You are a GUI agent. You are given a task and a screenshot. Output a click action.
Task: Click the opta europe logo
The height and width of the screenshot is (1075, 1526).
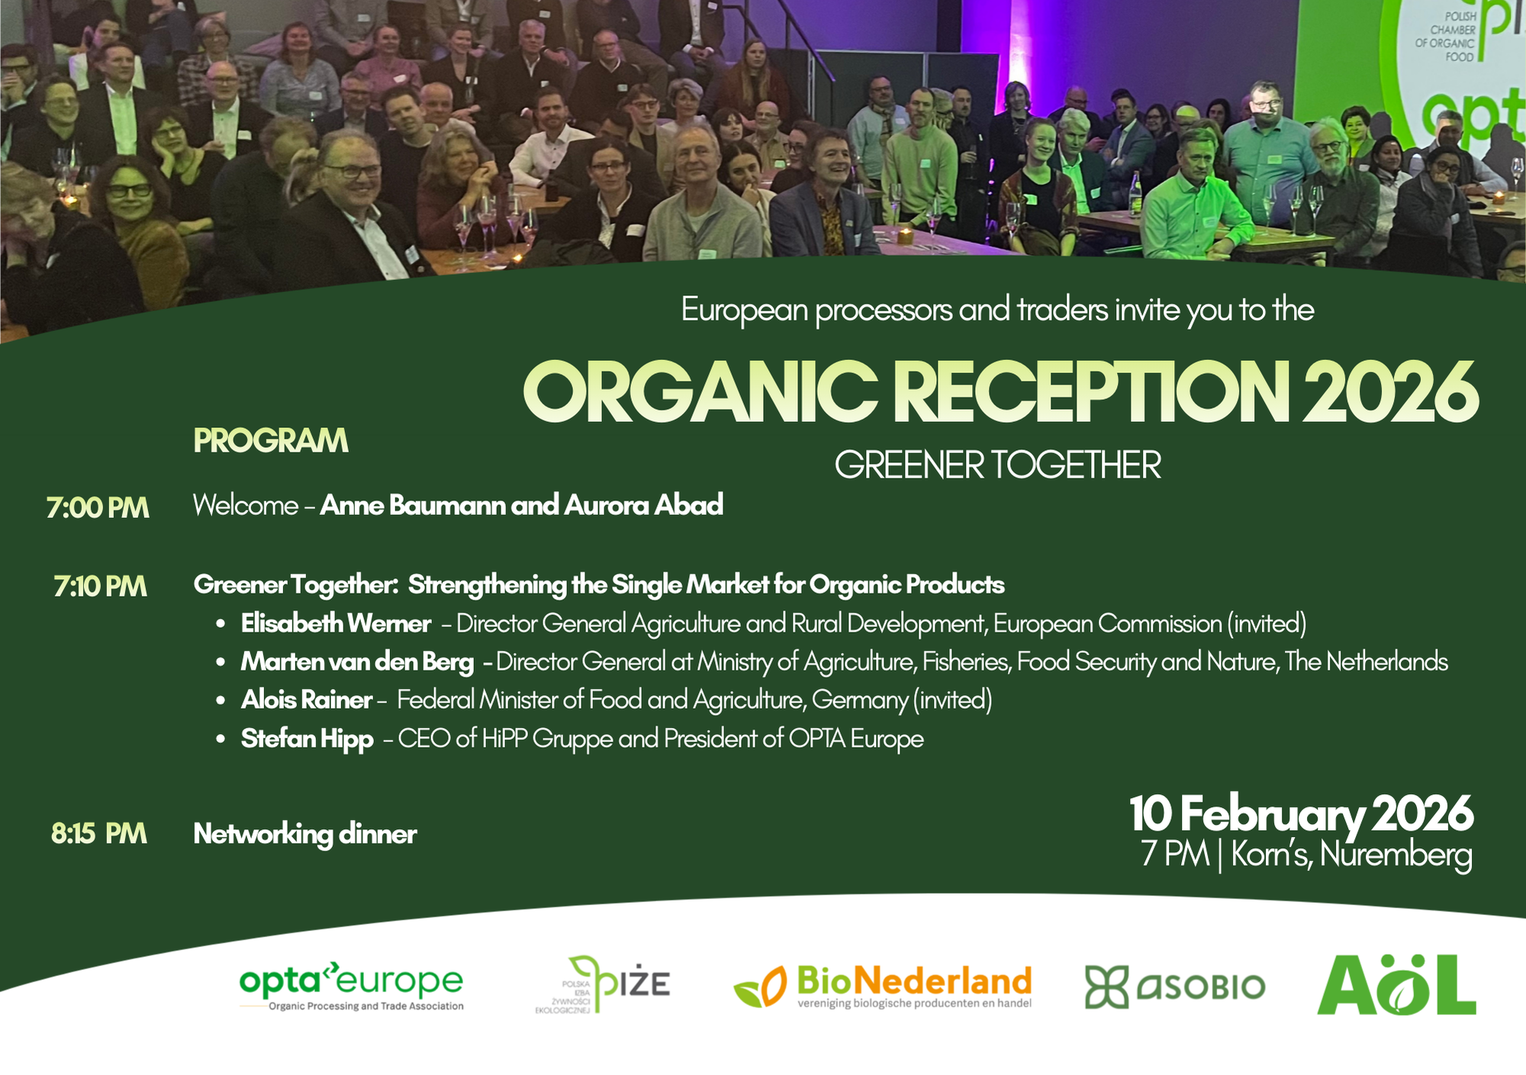(x=351, y=986)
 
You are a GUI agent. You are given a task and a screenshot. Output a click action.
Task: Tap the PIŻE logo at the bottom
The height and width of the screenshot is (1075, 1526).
(x=603, y=984)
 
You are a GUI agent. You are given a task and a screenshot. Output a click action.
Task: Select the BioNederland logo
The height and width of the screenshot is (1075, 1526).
(x=883, y=986)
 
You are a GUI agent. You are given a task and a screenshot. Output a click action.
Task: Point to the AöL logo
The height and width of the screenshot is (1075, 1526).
(x=1397, y=984)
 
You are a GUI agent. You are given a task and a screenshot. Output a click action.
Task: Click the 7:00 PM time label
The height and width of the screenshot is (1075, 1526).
(x=98, y=508)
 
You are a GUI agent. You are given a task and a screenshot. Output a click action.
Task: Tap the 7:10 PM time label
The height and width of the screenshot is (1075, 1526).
(x=100, y=587)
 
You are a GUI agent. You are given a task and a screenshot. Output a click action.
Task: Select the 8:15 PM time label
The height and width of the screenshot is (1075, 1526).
(x=99, y=834)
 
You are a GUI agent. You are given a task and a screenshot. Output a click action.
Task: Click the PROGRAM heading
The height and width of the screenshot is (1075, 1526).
(x=271, y=441)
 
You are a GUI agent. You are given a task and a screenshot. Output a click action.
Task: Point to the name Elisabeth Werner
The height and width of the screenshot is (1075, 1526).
(x=336, y=623)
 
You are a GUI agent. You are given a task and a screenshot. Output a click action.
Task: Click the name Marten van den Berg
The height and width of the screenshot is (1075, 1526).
(x=357, y=661)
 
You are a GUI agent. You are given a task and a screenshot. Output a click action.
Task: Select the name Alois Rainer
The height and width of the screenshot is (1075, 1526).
(x=307, y=700)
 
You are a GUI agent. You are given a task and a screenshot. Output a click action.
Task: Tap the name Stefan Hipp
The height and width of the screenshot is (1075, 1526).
(x=307, y=739)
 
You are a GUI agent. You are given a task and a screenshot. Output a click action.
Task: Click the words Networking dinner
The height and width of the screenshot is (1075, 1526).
(x=305, y=834)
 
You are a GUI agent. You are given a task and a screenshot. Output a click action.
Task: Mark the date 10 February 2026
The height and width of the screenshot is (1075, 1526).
(x=1301, y=814)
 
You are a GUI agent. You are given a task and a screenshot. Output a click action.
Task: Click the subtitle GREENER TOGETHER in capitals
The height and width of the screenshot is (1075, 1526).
(x=998, y=465)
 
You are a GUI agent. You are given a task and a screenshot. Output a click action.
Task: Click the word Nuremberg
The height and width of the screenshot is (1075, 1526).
(x=1396, y=855)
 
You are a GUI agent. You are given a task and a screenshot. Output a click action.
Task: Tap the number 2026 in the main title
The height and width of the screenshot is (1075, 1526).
(x=1390, y=392)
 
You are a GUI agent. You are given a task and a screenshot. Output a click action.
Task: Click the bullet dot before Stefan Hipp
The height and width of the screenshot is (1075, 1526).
(x=221, y=739)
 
